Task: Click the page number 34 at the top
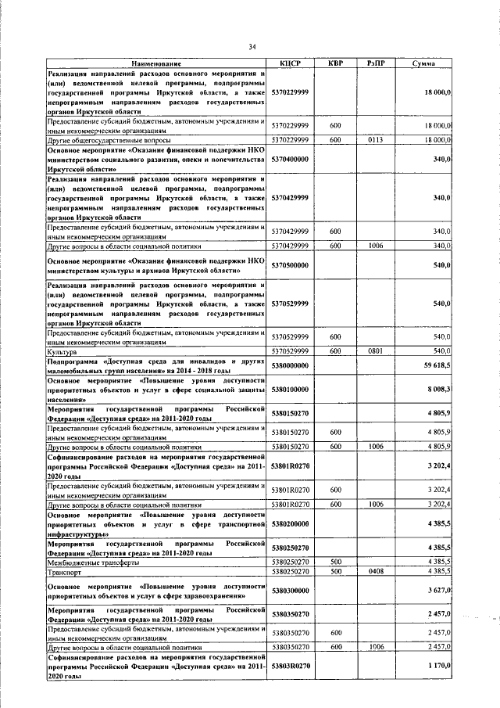252,47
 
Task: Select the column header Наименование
156,63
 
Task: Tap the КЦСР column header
290,63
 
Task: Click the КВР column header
334,63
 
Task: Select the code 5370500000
290,265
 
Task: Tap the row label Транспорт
65,573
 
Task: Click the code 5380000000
290,365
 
